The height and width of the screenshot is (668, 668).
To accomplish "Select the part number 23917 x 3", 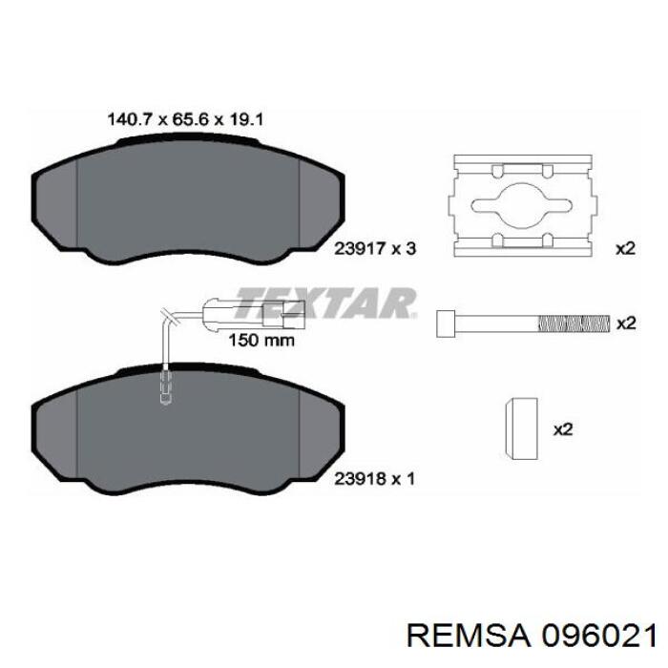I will pyautogui.click(x=375, y=249).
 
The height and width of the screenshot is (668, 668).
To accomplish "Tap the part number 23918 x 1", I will pyautogui.click(x=375, y=480).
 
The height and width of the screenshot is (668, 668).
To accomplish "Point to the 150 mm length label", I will pyautogui.click(x=260, y=339).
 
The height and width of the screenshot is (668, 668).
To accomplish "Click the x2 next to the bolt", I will pyautogui.click(x=625, y=324).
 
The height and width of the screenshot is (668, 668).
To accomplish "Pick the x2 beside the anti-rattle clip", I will pyautogui.click(x=625, y=248).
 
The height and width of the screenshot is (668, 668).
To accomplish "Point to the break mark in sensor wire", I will pyautogui.click(x=170, y=317).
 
